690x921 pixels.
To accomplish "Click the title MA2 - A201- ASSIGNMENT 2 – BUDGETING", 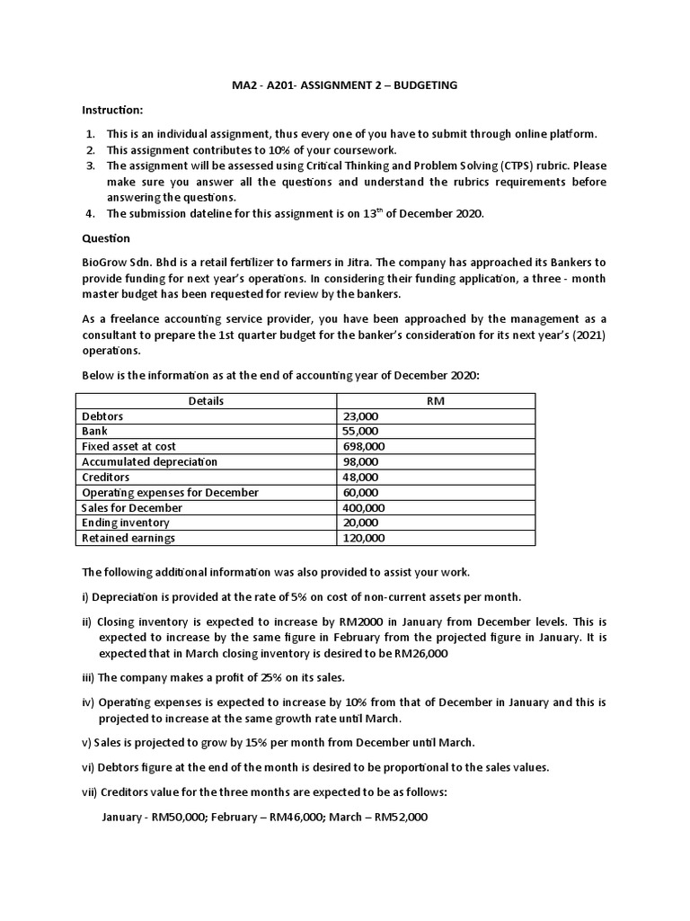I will click(x=344, y=85).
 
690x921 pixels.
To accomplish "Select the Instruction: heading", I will click(x=112, y=110).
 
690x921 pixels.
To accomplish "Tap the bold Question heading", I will click(x=106, y=238).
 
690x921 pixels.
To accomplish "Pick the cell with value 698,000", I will click(x=364, y=447).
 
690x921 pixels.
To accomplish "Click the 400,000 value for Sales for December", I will click(x=364, y=507).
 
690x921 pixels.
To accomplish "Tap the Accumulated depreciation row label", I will click(x=149, y=461).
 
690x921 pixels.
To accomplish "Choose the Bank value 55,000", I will click(x=361, y=432).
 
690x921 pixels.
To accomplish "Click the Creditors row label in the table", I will click(x=105, y=477).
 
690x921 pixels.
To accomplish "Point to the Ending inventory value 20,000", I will click(x=361, y=523).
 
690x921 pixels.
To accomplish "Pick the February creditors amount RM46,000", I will click(x=280, y=818).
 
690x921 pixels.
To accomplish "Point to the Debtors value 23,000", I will click(x=361, y=416).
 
